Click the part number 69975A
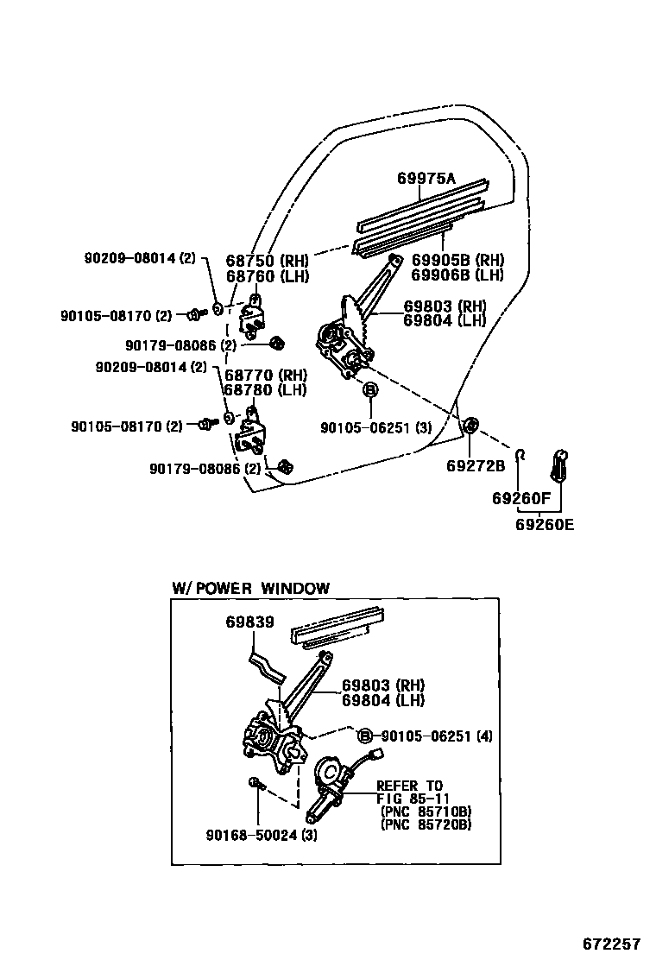(426, 179)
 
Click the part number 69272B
(475, 465)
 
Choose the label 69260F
(520, 498)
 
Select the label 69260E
(544, 523)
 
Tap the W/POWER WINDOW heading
(250, 589)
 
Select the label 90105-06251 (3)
(375, 427)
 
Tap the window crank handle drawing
(558, 466)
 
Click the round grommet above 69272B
(471, 425)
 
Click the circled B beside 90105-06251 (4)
(365, 736)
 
